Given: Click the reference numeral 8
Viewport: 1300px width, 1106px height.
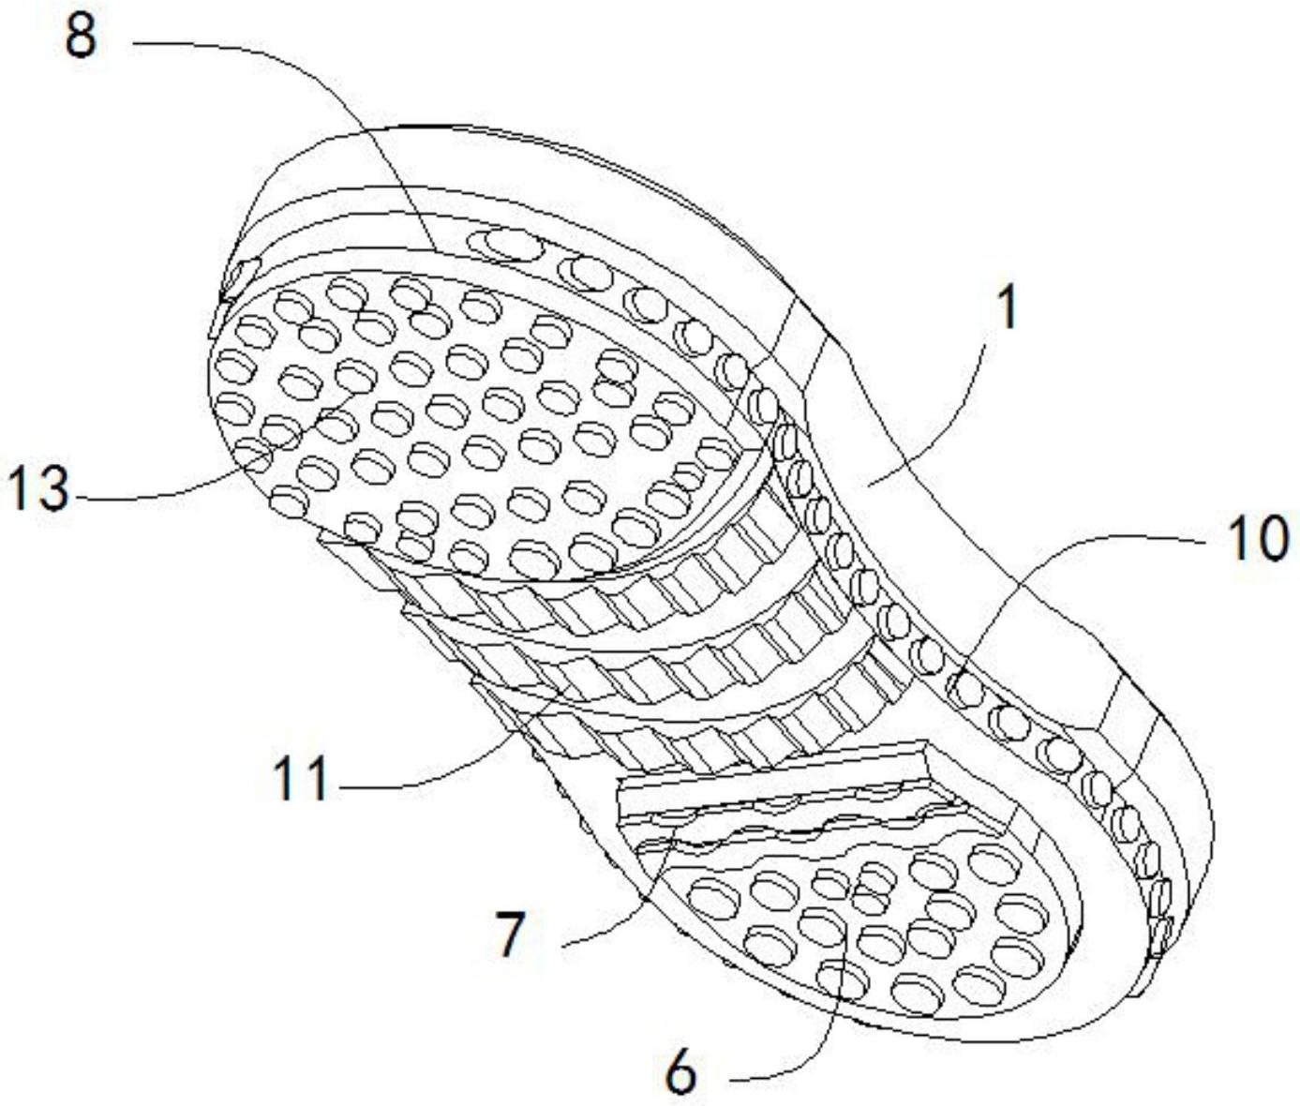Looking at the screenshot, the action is click(x=80, y=38).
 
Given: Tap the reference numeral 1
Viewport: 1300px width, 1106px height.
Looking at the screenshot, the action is click(x=1007, y=308).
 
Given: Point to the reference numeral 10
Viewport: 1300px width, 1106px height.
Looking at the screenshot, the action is click(x=1259, y=541).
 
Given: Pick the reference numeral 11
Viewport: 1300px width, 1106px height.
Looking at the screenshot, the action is click(x=301, y=779).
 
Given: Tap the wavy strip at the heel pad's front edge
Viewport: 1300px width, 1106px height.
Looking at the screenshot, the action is click(x=797, y=825).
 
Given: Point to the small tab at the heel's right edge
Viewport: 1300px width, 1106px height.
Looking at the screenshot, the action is click(x=1162, y=937).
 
